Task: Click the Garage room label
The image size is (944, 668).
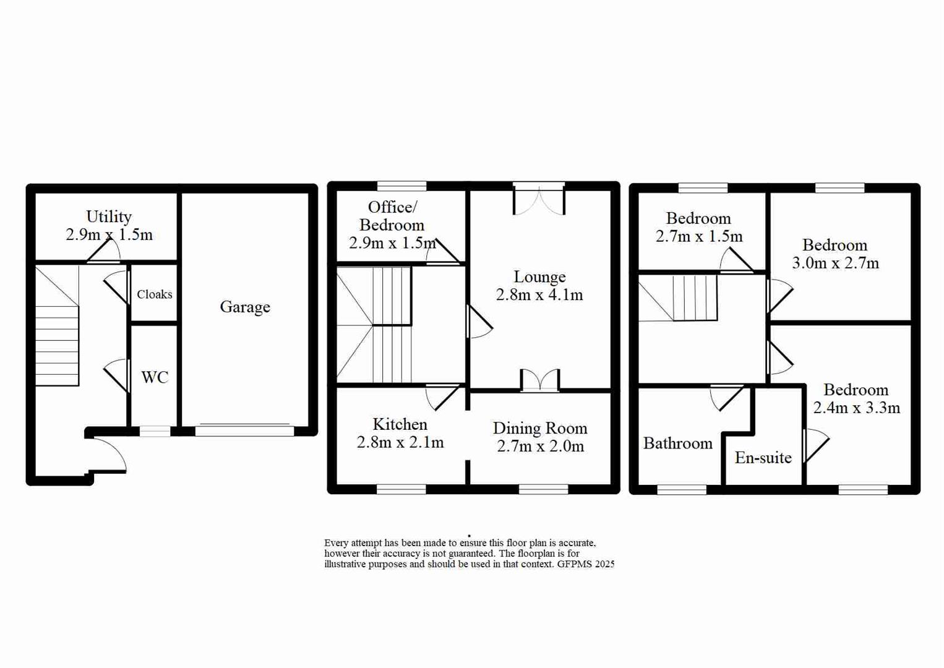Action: pyautogui.click(x=245, y=307)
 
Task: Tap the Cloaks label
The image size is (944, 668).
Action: pyautogui.click(x=155, y=294)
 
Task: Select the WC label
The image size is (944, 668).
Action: pyautogui.click(x=155, y=377)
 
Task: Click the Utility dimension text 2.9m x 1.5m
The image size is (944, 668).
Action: pyautogui.click(x=109, y=235)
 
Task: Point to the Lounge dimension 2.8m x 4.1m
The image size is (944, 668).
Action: pyautogui.click(x=539, y=295)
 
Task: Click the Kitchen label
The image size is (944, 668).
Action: pyautogui.click(x=400, y=424)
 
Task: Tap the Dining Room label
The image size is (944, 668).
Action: pyautogui.click(x=540, y=428)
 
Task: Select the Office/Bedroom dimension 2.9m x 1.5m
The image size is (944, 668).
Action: pyautogui.click(x=392, y=243)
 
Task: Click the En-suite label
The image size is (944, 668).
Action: pyautogui.click(x=763, y=458)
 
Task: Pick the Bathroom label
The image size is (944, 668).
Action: pyautogui.click(x=678, y=443)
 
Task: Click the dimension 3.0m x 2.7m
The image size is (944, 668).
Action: pyautogui.click(x=835, y=263)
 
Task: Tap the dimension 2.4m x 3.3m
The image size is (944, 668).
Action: pyautogui.click(x=857, y=408)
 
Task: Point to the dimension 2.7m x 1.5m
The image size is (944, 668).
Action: pyautogui.click(x=699, y=236)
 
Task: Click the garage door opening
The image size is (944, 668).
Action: pyautogui.click(x=244, y=430)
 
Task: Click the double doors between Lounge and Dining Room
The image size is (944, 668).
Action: pyautogui.click(x=540, y=381)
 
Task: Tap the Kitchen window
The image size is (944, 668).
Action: pyautogui.click(x=401, y=489)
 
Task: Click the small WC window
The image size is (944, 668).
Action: pyautogui.click(x=155, y=431)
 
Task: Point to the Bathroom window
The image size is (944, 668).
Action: pyautogui.click(x=682, y=490)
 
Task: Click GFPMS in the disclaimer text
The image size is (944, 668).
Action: pyautogui.click(x=576, y=564)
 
